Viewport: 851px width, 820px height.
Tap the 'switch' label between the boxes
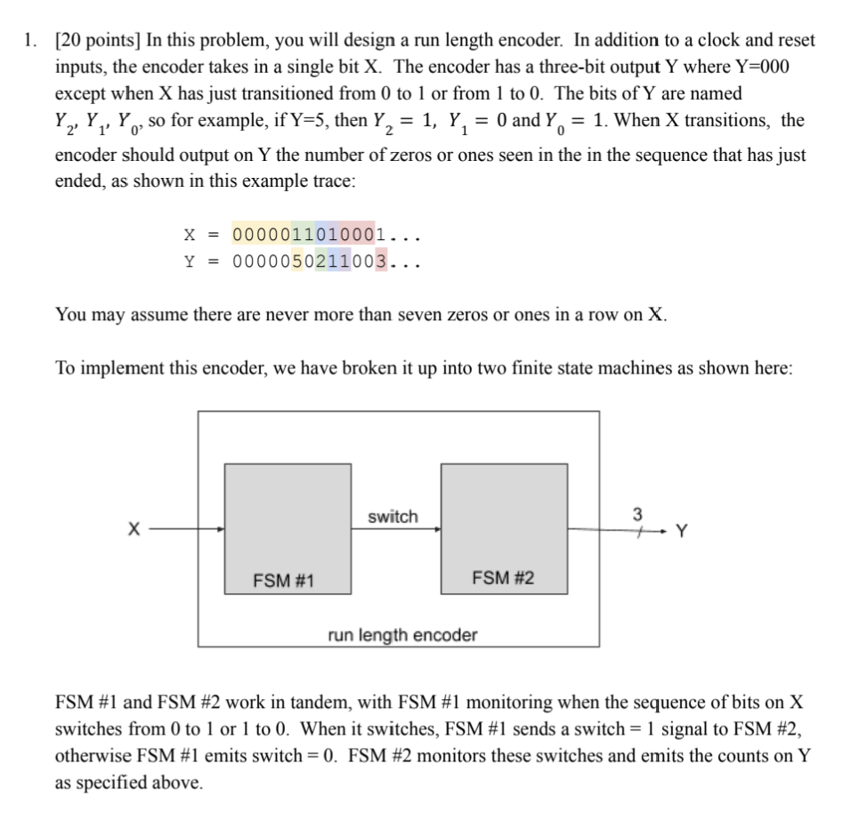pos(392,517)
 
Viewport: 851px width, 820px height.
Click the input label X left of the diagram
pos(134,530)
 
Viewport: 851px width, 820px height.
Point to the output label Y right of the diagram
pos(681,533)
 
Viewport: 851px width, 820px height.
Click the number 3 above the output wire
pos(636,514)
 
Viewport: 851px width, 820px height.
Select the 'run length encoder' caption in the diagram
pos(402,635)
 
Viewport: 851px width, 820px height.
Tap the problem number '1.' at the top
pos(31,40)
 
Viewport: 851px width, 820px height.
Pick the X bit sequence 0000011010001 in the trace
pos(308,235)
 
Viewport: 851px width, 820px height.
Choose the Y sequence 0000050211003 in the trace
pos(308,261)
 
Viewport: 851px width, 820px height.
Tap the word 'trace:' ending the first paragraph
pos(332,181)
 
